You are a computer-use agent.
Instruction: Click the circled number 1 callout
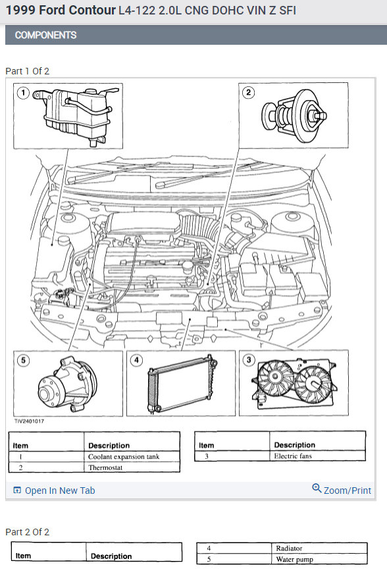point(23,92)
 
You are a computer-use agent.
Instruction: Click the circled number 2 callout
point(248,92)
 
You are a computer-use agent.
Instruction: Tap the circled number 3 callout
point(249,359)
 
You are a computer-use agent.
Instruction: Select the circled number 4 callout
point(137,360)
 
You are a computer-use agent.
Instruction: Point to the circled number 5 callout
point(23,360)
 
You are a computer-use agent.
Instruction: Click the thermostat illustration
point(294,115)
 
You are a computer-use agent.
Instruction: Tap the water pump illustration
point(68,385)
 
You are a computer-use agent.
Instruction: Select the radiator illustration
point(182,385)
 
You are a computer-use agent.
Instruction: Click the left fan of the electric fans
point(276,377)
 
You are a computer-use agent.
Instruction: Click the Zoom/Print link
point(342,490)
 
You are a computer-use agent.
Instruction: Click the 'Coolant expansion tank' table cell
point(124,457)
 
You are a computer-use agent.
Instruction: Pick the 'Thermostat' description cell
point(105,467)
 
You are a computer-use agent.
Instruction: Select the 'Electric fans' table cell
point(293,456)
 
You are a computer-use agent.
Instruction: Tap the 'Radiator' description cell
point(289,548)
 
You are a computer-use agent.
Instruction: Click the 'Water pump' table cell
point(295,559)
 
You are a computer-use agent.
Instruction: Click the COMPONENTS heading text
point(46,35)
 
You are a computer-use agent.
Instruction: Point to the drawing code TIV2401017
point(29,421)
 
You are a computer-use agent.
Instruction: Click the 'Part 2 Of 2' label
point(27,532)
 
